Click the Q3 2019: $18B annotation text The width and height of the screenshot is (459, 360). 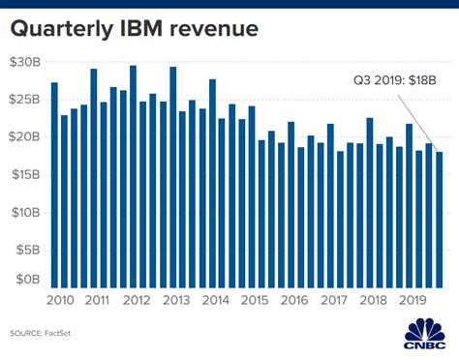(x=392, y=84)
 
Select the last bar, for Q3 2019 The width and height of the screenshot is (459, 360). (x=441, y=218)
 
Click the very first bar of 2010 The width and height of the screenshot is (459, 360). (x=54, y=184)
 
